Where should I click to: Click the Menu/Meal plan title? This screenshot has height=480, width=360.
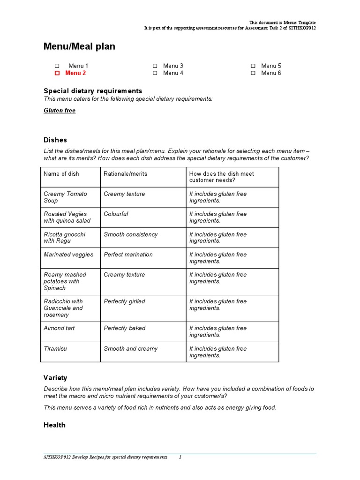(79, 46)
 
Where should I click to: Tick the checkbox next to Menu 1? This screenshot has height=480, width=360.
(57, 66)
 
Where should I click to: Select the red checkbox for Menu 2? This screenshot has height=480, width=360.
(57, 73)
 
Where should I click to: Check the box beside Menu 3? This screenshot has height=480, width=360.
(155, 66)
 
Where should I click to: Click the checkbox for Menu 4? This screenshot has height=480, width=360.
(155, 73)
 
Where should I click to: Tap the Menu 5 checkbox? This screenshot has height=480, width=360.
(253, 66)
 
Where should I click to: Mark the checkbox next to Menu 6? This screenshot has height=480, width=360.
(253, 73)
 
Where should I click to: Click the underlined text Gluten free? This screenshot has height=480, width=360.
(60, 111)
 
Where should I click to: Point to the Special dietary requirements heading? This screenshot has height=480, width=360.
(93, 91)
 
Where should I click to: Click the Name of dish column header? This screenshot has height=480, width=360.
(61, 174)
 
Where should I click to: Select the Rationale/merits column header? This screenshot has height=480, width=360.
(125, 174)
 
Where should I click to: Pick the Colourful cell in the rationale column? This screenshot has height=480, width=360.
(116, 214)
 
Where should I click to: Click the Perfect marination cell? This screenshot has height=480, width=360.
(128, 255)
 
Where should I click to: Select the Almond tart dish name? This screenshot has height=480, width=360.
(59, 328)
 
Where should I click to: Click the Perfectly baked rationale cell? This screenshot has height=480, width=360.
(124, 328)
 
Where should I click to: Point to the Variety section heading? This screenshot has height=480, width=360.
(55, 378)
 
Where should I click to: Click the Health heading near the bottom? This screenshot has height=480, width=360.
(54, 425)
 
